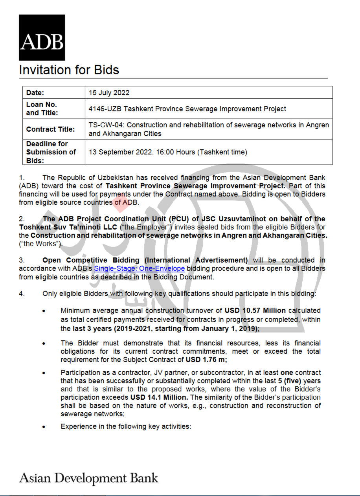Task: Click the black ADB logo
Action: (x=42, y=37)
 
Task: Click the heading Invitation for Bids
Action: (x=69, y=70)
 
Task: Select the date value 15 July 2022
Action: (x=109, y=93)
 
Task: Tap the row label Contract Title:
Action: (x=50, y=129)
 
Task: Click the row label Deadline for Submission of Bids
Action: (x=51, y=152)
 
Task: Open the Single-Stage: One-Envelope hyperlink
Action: (x=139, y=268)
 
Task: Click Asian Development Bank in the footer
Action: (x=88, y=478)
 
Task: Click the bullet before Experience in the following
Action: (x=44, y=426)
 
